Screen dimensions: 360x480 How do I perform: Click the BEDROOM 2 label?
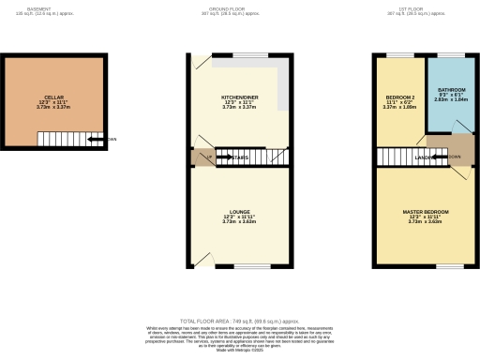tap(400, 97)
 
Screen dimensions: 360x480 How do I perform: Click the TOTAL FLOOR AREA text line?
tap(239, 320)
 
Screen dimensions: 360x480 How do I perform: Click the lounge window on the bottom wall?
tap(254, 266)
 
